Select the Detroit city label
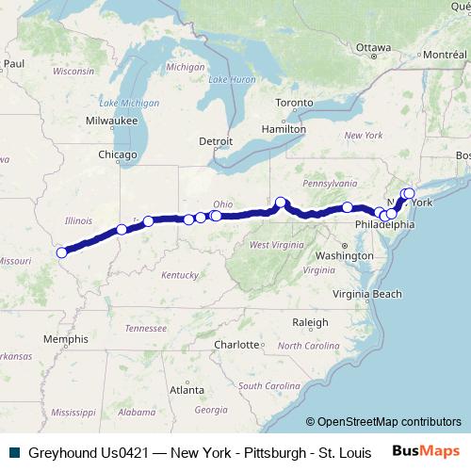(x=216, y=141)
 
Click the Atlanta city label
(x=187, y=389)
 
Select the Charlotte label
(x=235, y=345)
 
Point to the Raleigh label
(x=310, y=322)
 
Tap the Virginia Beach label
(x=374, y=294)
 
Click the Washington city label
(x=345, y=255)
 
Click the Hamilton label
(x=284, y=128)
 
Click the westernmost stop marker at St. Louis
(x=62, y=252)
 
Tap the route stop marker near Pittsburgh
(x=281, y=202)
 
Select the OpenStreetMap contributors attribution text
(x=383, y=422)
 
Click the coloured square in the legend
(x=10, y=452)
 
